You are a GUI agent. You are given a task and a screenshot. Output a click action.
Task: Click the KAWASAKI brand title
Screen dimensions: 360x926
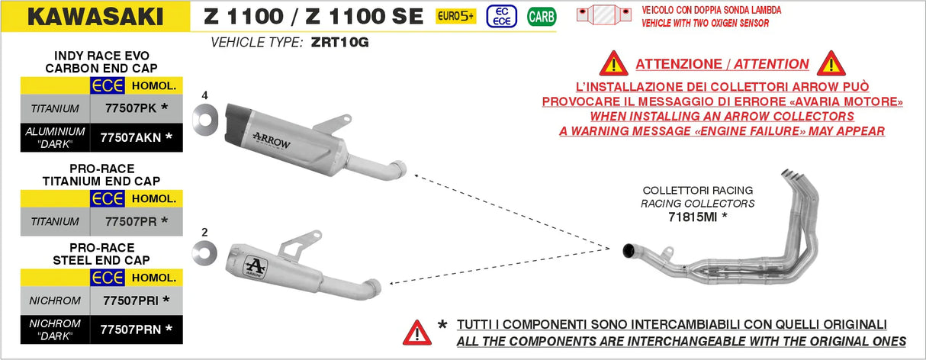click(95, 17)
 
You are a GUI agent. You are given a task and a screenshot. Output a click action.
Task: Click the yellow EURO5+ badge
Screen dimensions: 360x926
click(455, 16)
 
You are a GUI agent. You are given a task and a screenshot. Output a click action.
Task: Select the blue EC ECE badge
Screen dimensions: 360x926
click(500, 16)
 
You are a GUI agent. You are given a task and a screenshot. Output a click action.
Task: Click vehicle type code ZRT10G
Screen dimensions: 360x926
click(339, 43)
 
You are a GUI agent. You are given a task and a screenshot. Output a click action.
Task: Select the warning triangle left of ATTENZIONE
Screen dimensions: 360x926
click(613, 64)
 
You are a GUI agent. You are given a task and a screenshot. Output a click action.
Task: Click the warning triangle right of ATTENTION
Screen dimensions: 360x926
click(831, 64)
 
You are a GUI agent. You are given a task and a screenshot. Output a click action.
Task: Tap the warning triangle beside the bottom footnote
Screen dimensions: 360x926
click(417, 332)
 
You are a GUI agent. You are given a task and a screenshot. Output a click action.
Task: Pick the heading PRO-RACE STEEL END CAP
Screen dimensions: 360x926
click(101, 254)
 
